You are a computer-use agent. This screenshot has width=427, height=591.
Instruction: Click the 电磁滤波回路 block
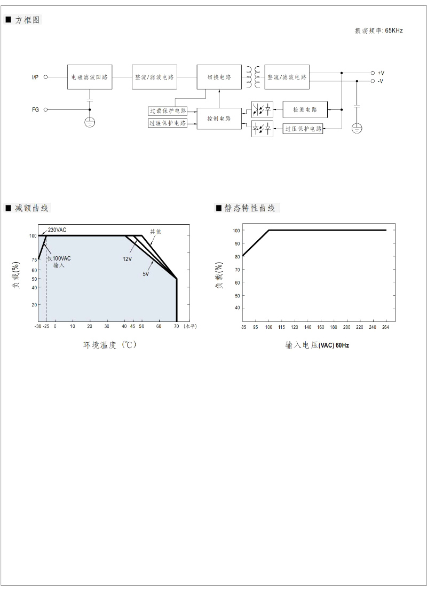[90, 77]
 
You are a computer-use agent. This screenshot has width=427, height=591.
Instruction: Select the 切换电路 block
[219, 77]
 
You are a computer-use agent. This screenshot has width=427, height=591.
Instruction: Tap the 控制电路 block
[219, 119]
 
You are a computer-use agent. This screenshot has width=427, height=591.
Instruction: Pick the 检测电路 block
[305, 109]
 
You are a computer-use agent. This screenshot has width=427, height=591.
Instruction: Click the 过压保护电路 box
[303, 129]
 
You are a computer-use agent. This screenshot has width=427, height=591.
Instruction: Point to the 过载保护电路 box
[168, 111]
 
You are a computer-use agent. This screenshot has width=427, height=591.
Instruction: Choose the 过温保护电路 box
[168, 123]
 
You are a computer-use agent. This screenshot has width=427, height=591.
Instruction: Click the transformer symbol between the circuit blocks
[253, 77]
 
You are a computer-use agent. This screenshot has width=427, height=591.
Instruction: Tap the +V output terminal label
[381, 73]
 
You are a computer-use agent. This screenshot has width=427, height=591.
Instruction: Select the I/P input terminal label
[35, 77]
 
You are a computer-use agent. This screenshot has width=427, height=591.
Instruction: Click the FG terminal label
[35, 109]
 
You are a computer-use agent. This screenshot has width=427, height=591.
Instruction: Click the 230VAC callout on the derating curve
[57, 230]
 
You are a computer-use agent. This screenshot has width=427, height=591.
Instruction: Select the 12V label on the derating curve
[127, 259]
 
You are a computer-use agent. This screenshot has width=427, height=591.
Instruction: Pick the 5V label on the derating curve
[145, 274]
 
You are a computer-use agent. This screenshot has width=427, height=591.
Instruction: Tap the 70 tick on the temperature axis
[176, 325]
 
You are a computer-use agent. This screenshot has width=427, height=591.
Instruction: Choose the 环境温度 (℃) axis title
[109, 345]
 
